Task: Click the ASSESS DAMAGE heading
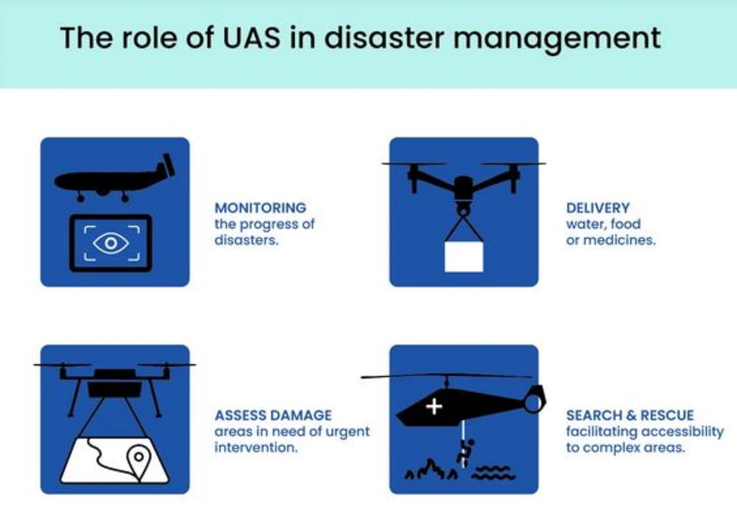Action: pos(273,415)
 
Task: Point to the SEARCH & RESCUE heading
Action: pos(629,415)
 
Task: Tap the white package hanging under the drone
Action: pos(464,255)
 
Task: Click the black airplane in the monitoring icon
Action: pos(111,179)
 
